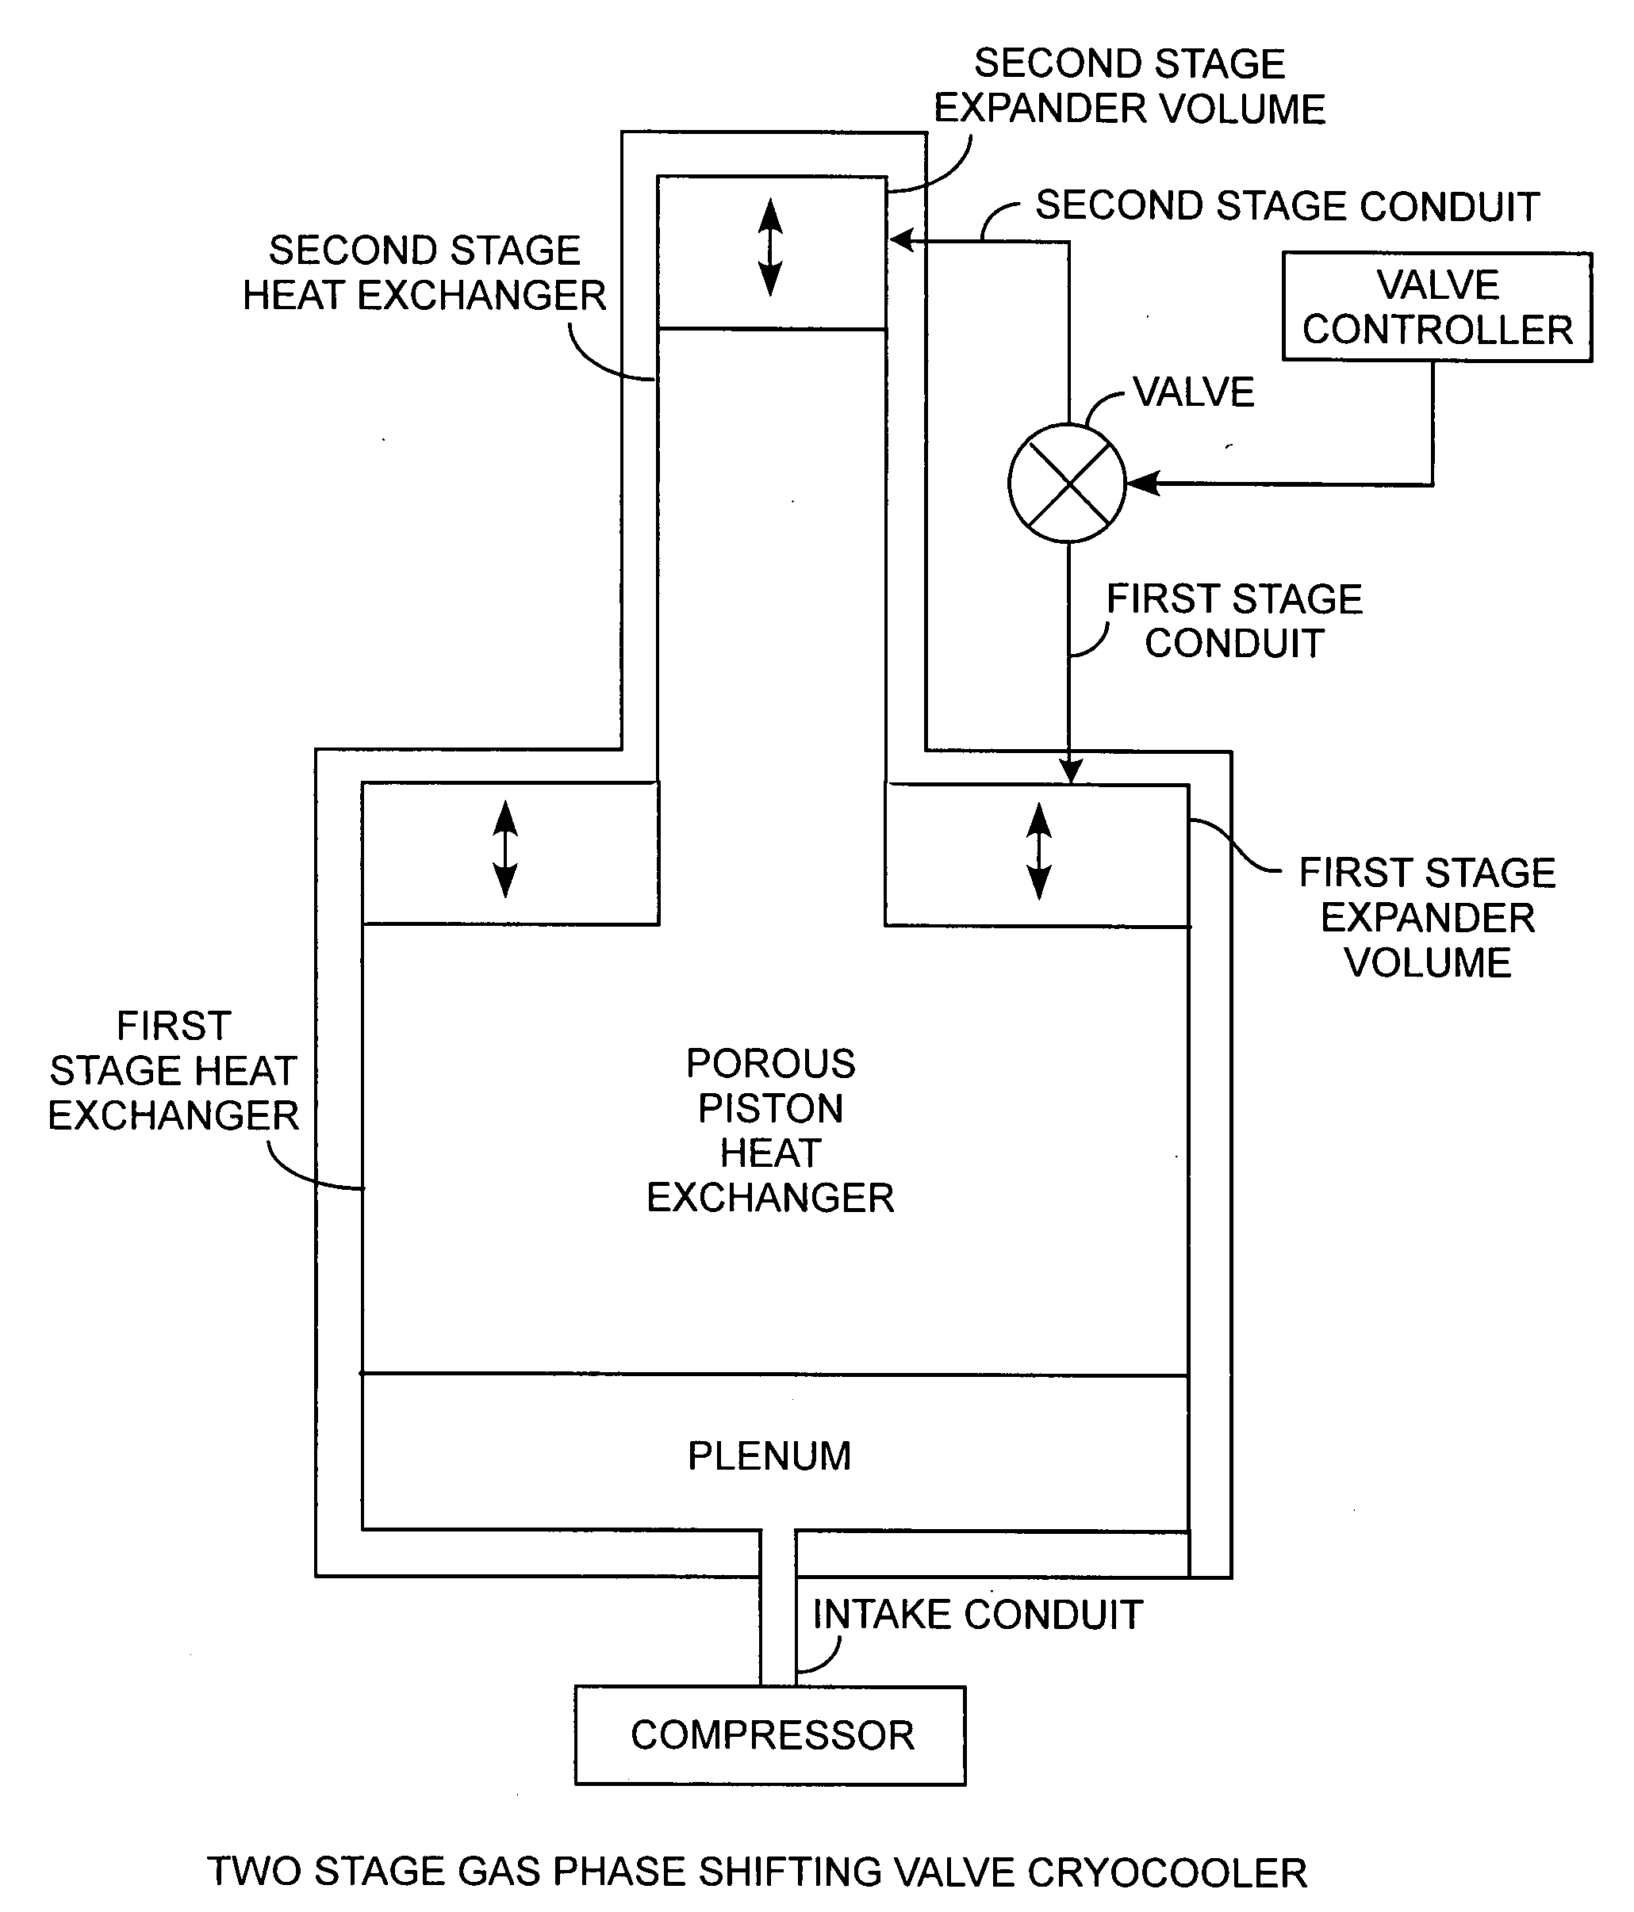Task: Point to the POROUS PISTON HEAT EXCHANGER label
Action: tap(770, 1130)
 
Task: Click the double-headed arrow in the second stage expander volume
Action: tap(770, 247)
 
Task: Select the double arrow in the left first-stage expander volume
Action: tap(505, 849)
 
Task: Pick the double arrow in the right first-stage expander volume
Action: tap(1039, 851)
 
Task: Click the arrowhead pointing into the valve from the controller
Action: tap(1143, 483)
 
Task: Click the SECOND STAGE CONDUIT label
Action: tap(1287, 206)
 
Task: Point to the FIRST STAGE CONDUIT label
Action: tap(1234, 621)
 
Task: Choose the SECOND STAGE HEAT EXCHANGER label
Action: tap(424, 273)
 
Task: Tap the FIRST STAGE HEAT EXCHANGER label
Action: tap(174, 1070)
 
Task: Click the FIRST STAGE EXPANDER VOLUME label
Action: tap(1427, 917)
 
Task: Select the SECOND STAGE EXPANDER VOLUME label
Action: tap(1130, 86)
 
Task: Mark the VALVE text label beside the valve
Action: tap(1194, 392)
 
